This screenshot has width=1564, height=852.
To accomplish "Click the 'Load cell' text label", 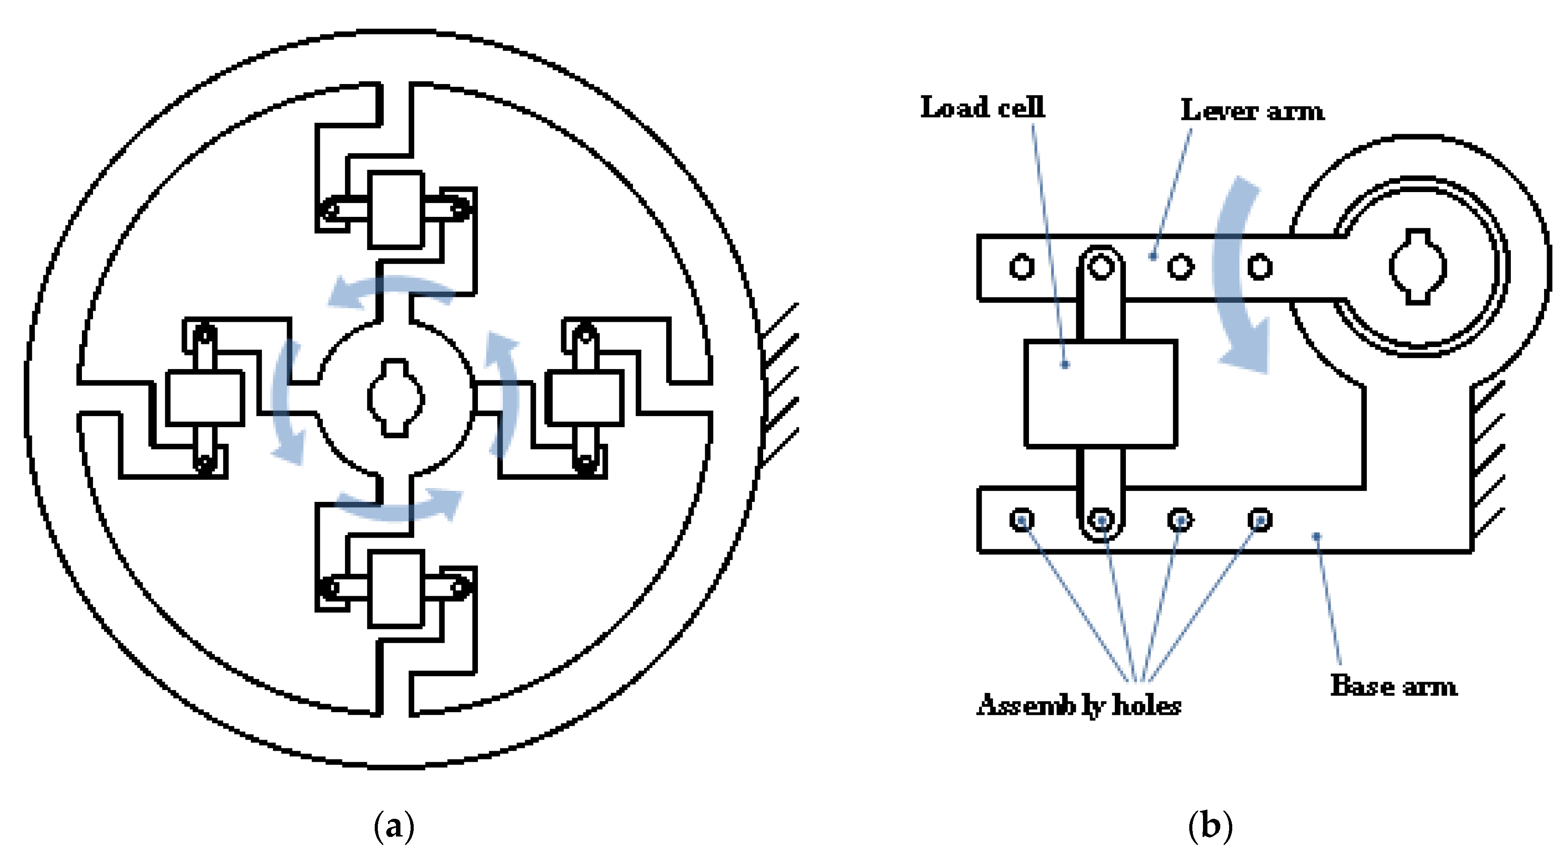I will pos(982,108).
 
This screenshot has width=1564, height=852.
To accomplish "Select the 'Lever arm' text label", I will pos(1252,111).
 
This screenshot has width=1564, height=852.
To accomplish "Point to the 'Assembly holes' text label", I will pos(1079,705).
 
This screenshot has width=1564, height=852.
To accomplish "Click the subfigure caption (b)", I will pos(1210,826).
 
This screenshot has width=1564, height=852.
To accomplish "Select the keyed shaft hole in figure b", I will pos(1418,266).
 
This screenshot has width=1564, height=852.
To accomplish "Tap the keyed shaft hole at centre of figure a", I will pos(395,398).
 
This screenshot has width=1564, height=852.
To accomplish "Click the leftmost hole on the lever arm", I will pos(1022,267).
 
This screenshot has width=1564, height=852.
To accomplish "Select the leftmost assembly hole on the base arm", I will pos(1022,520).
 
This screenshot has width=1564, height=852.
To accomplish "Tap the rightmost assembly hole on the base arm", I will pos(1260,520).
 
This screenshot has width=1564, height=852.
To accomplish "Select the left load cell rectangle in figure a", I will pos(205,398).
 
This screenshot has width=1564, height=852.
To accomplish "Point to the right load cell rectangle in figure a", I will pos(585,398).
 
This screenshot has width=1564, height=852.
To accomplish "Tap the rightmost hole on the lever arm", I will pos(1260,267).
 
